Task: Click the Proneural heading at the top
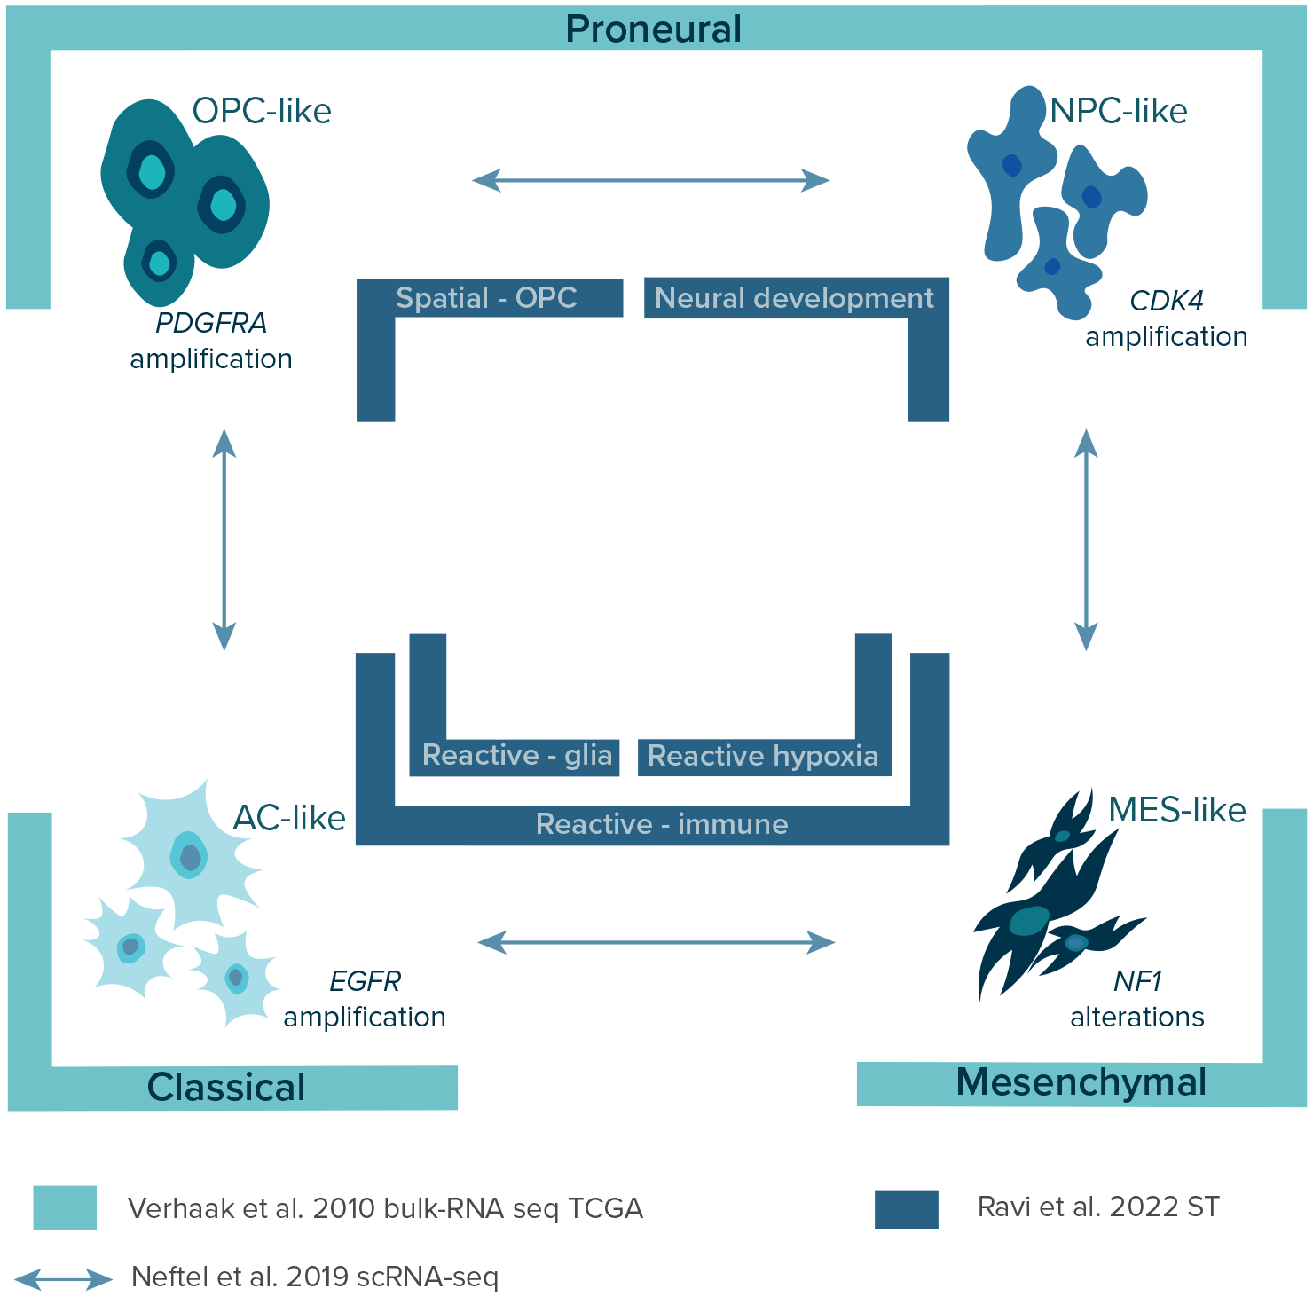[x=653, y=28]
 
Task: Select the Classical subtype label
[x=226, y=1087]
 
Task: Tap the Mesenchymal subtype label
[x=1081, y=1082]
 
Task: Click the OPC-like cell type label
[x=262, y=111]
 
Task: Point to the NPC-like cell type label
[x=1118, y=111]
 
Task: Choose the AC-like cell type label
[x=289, y=818]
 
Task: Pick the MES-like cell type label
[x=1176, y=809]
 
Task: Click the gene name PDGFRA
[x=211, y=323]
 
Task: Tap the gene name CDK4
[x=1166, y=301]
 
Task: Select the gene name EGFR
[x=365, y=981]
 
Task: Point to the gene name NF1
[x=1137, y=981]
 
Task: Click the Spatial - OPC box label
[x=486, y=298]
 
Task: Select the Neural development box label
[x=794, y=298]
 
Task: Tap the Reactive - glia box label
[x=516, y=755]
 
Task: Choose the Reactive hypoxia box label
[x=763, y=756]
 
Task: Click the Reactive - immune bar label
[x=662, y=824]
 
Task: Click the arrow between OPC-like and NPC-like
[x=650, y=180]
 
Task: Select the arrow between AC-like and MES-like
[x=656, y=942]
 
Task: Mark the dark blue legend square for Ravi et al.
[x=906, y=1209]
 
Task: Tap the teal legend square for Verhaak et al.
[x=65, y=1207]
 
